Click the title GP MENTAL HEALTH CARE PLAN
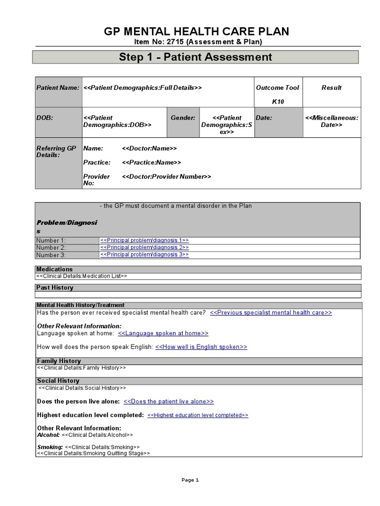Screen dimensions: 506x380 tap(196, 32)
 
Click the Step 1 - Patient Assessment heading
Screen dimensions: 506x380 tap(195, 57)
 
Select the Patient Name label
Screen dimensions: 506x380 tap(58, 87)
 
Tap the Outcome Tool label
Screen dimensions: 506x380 tap(277, 87)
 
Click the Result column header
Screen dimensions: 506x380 tap(331, 87)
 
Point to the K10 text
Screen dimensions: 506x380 tap(278, 101)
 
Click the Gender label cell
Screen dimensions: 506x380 tap(183, 118)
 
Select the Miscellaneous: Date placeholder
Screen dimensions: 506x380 tap(332, 122)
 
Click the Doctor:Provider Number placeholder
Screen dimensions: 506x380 tap(166, 176)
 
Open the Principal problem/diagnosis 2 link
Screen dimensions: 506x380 tap(144, 247)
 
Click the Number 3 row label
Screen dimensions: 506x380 tap(51, 255)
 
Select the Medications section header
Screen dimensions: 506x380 tap(55, 269)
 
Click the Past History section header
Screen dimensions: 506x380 tap(55, 288)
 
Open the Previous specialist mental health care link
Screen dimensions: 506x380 tap(271, 313)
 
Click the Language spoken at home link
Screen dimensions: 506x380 tap(163, 334)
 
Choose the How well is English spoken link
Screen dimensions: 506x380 tap(201, 347)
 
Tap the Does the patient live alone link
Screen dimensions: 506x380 tap(168, 402)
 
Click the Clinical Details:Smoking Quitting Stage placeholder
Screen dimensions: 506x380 tap(94, 453)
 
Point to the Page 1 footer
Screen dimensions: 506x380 tap(190, 480)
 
